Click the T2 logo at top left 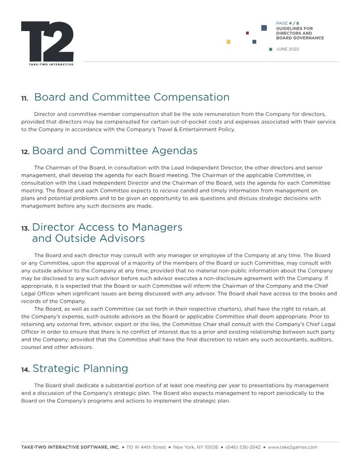point(47,41)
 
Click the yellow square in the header point(229,42)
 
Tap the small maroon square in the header point(247,33)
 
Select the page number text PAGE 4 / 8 point(288,23)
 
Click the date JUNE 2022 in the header point(287,49)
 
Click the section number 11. point(25,98)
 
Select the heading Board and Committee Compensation point(131,97)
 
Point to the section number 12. point(25,152)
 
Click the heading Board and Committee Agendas point(115,150)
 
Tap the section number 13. point(25,229)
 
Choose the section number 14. point(25,370)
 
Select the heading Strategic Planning point(80,368)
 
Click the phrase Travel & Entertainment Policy point(196,129)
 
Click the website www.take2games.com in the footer point(292,447)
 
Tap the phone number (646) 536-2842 point(243,447)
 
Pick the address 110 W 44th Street point(146,447)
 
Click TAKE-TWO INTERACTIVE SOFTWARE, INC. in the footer point(70,447)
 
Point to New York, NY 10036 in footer point(196,447)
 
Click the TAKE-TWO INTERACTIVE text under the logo point(47,64)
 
